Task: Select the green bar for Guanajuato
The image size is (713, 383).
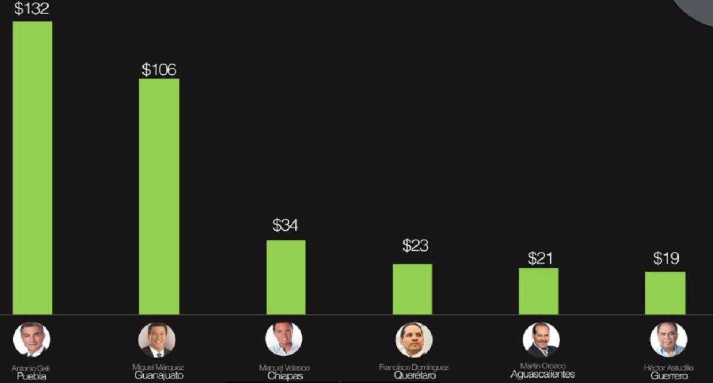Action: coord(159,196)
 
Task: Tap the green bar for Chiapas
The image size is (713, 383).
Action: coord(286,277)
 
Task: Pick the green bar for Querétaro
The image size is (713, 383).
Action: coord(412,289)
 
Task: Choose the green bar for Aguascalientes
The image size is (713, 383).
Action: coord(538,291)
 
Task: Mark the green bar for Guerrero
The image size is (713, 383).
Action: coord(665,293)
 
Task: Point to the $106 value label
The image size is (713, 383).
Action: coord(159,69)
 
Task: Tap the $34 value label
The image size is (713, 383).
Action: coord(285,226)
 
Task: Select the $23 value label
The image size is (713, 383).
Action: coord(415,245)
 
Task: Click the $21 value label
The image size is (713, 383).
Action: coord(540,258)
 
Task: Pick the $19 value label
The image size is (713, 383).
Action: coord(666,258)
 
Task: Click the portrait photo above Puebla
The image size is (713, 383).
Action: coord(31,339)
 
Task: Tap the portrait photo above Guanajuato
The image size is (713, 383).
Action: coord(157,339)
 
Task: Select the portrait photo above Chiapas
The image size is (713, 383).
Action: coord(283,339)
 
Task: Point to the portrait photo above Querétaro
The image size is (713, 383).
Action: coord(414,339)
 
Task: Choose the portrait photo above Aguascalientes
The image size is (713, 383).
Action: coord(541,339)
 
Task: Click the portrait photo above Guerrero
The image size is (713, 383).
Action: coord(668,339)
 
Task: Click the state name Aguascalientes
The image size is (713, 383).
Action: coord(542,375)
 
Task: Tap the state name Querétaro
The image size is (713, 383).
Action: coord(414,375)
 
